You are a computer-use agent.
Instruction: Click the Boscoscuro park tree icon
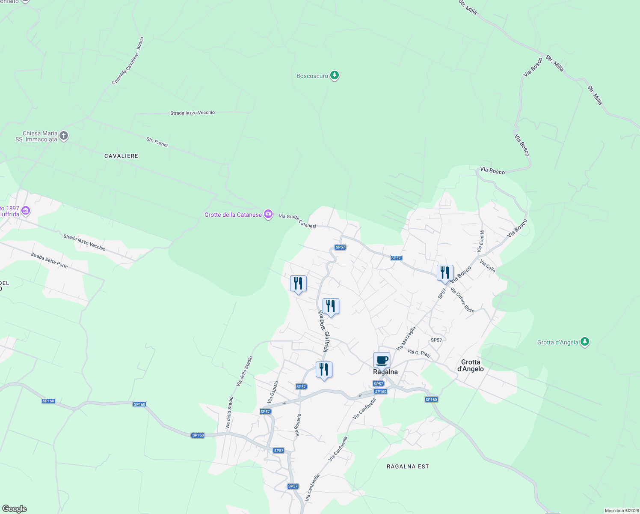tap(335, 76)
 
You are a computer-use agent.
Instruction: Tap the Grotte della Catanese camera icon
tap(268, 214)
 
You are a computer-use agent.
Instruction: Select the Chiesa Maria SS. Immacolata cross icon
tap(64, 136)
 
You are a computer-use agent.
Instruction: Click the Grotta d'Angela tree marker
tap(585, 342)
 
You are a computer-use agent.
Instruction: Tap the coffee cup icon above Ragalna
tap(382, 360)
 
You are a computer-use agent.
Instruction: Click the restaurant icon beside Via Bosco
tap(445, 273)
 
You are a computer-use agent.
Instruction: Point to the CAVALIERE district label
tap(121, 156)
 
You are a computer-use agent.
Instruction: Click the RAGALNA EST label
tap(408, 466)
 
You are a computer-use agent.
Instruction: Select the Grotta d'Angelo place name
tap(471, 365)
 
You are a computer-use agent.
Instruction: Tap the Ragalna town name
tap(385, 372)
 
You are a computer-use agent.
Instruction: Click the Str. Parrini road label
tap(157, 142)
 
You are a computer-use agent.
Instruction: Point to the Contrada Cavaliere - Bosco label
tap(128, 61)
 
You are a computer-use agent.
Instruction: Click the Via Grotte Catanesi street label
tap(297, 221)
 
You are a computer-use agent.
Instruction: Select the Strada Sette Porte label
tap(49, 260)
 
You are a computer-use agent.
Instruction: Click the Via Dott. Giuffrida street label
tap(324, 332)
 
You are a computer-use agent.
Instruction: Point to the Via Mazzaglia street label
tap(406, 338)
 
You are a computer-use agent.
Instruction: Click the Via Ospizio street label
tap(273, 392)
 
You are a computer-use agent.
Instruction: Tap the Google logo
tap(14, 509)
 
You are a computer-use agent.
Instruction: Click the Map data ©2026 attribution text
tap(621, 511)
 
